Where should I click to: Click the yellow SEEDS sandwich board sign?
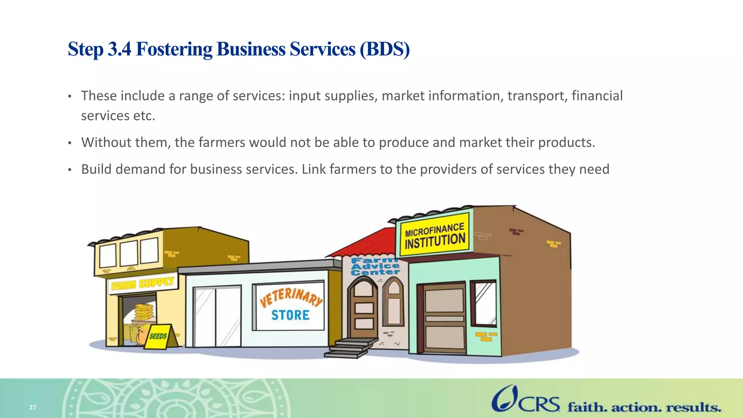158,336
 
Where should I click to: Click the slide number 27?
33,407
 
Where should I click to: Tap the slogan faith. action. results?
644,407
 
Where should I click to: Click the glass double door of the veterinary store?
217,316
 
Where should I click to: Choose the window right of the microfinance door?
484,303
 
